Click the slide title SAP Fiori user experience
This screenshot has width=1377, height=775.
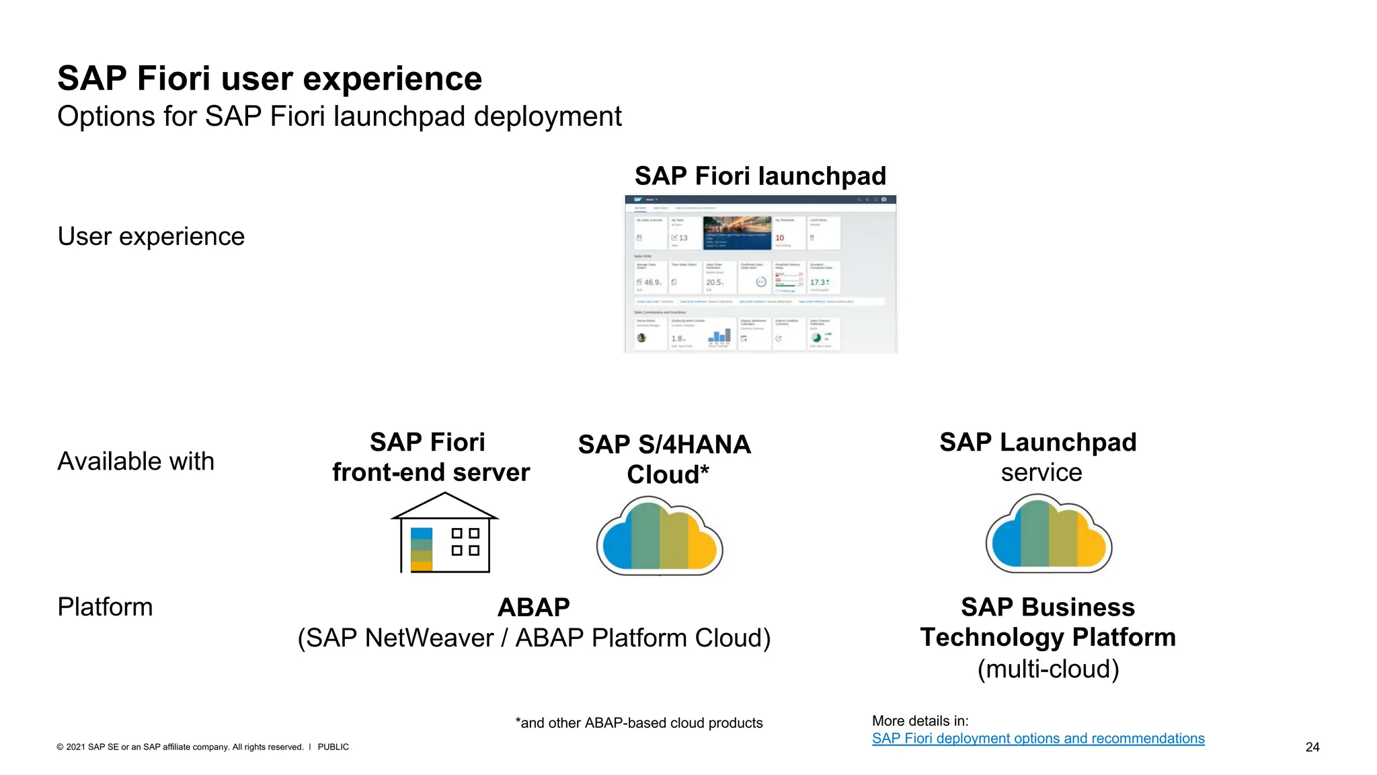point(270,79)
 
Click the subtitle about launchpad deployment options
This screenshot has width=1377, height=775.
point(340,116)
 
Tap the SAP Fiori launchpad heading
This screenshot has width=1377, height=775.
point(760,176)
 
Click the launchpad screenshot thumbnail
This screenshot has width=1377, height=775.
point(760,274)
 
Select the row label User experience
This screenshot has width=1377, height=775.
point(151,237)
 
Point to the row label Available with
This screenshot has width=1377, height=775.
point(136,462)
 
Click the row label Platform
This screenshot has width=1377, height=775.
point(106,607)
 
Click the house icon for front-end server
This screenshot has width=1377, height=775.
point(444,533)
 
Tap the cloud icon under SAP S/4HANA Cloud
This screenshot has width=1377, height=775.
point(660,536)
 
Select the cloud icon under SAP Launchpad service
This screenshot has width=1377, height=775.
point(1048,534)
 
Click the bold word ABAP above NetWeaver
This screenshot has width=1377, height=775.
point(534,607)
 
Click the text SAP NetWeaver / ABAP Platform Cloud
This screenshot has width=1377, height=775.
point(534,638)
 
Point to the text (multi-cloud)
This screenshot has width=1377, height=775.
point(1048,669)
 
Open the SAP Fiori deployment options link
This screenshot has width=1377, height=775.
point(1037,739)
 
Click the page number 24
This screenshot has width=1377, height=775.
point(1312,747)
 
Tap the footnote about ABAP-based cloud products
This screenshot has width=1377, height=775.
point(639,723)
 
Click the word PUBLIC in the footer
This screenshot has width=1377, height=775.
point(333,747)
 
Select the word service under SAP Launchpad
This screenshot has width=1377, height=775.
point(1041,473)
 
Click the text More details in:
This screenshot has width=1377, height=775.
point(920,721)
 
